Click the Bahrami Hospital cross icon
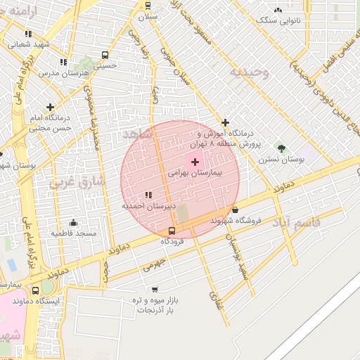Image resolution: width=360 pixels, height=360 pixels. point(195,162)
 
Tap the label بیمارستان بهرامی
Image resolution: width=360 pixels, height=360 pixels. point(195,172)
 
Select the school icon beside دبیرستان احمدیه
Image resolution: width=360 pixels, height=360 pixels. point(148,195)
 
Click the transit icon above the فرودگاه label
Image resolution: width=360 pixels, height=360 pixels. point(172,231)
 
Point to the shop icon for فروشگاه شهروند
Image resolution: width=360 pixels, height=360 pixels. point(235,210)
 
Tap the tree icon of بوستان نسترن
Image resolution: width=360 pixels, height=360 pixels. point(281,148)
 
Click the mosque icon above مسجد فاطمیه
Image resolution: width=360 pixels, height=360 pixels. point(73,222)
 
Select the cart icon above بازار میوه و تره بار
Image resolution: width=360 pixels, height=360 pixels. point(155,289)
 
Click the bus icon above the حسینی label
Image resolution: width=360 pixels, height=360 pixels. point(105,55)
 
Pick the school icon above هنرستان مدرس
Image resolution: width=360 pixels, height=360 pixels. point(63,62)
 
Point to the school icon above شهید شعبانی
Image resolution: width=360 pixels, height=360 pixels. point(27,33)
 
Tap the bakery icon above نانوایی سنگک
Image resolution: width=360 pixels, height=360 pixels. point(278,10)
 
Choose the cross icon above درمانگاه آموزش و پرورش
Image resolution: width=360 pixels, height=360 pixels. point(225,123)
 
